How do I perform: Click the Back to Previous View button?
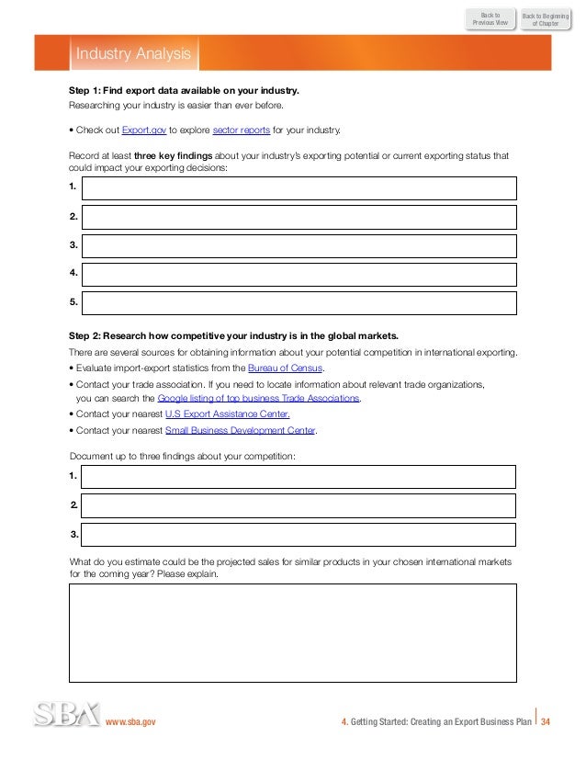tap(490, 17)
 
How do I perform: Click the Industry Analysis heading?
tap(133, 54)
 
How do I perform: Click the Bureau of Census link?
tap(287, 369)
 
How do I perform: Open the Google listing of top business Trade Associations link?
tap(258, 399)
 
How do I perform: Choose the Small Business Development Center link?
tap(240, 430)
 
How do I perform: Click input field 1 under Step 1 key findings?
tap(299, 188)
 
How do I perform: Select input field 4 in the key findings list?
tap(299, 274)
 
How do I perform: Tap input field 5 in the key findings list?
tap(299, 302)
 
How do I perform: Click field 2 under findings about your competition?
tap(299, 505)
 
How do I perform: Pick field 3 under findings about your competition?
tap(299, 534)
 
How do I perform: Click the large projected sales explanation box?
tap(292, 632)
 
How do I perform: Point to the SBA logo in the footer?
tap(66, 716)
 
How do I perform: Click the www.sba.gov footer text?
tap(131, 722)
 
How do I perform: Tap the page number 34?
tap(546, 722)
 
